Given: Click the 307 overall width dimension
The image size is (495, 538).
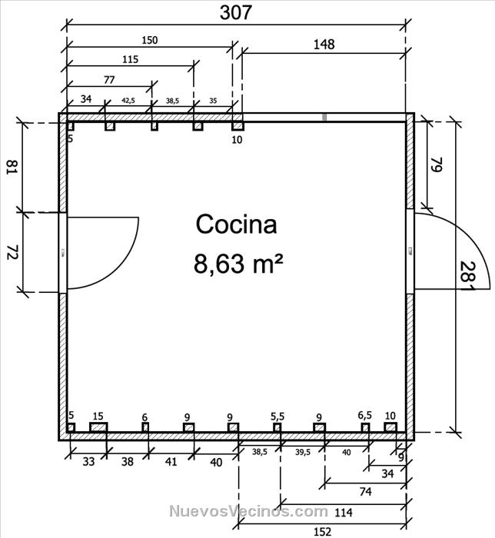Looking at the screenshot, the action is pos(236,13).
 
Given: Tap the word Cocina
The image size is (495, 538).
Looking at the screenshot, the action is pos(236,224).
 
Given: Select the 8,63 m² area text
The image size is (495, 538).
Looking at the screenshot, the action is pos(238,264).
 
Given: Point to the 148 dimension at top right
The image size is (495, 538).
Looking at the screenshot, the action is pos(324,45).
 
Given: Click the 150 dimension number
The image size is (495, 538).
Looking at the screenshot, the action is pos(150,40).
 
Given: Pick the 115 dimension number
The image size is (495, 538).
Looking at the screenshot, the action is pos(131,59).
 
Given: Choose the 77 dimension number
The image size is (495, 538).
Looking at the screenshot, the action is pos(109,80).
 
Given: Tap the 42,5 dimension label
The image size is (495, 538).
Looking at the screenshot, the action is pos(128,101).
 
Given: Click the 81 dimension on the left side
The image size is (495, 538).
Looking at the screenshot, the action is pos(12,167).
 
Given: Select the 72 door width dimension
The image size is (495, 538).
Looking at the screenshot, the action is pos(12,252).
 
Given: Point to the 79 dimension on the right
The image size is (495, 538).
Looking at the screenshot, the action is pos(437,164).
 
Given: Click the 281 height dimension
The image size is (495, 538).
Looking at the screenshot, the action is pos(467,276).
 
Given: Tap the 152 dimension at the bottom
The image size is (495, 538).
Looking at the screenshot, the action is pos(323,532).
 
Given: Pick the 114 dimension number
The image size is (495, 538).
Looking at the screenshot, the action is pos(344,513).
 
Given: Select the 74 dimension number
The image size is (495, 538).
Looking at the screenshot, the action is pos(366,492).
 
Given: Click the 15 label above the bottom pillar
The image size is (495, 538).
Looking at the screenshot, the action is pos(98,417).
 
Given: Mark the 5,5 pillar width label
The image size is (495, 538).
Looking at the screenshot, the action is pos(277,417).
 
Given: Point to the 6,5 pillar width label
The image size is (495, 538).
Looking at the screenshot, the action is pos(364,416).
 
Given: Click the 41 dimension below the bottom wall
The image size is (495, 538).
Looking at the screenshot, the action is pos(171,462).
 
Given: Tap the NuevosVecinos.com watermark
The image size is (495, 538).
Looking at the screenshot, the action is pos(249,511).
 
